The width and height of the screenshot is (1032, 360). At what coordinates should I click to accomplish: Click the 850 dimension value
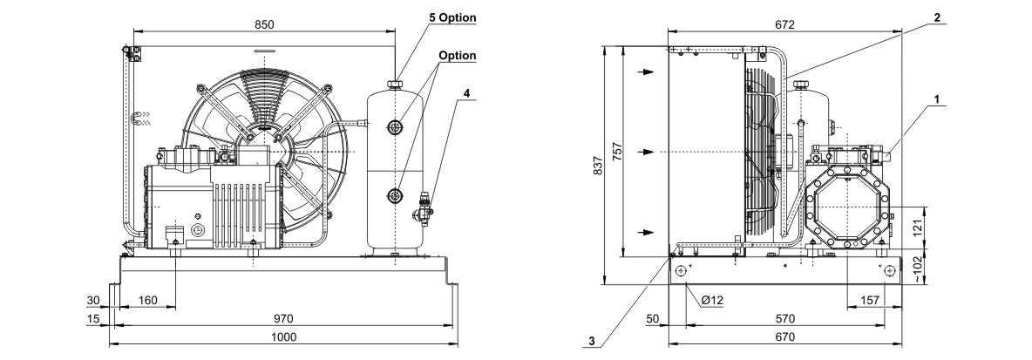264,24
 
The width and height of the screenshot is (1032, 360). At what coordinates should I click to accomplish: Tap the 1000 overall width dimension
283,337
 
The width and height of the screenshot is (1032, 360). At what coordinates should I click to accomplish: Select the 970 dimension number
283,318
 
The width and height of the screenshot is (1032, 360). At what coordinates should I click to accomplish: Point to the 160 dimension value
148,301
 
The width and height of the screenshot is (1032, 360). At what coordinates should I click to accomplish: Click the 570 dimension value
785,318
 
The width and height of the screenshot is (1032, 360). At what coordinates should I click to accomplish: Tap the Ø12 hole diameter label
713,300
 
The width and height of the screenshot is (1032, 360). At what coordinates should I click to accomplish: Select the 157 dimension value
870,300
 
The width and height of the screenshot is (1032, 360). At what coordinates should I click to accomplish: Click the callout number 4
467,92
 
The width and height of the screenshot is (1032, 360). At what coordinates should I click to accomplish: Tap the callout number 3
592,341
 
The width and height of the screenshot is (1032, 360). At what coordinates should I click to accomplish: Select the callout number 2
937,17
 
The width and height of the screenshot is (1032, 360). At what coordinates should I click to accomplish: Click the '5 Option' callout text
452,17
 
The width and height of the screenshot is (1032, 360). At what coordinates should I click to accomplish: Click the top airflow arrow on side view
648,71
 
